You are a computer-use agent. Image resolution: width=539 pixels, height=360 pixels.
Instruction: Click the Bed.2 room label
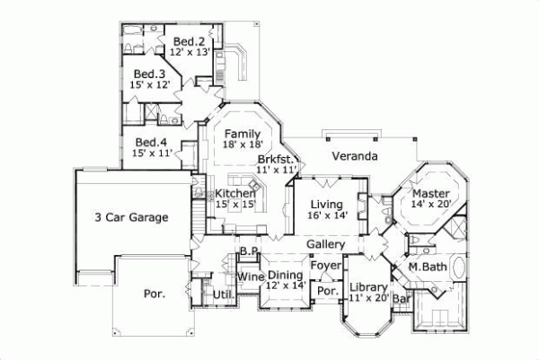[x=190, y=41]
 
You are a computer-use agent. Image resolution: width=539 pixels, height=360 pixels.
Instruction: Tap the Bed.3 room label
[x=150, y=75]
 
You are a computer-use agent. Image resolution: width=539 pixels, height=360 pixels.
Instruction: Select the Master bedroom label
[x=431, y=193]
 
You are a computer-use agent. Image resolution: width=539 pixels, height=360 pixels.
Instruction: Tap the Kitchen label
[x=232, y=194]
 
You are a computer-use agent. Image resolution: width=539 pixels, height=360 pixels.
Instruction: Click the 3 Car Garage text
[x=132, y=216]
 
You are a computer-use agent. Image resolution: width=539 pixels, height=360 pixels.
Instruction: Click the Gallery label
[x=326, y=245]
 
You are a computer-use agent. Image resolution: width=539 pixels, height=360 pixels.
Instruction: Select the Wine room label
[x=251, y=276]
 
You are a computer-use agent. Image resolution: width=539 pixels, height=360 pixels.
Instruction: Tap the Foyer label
[x=324, y=266]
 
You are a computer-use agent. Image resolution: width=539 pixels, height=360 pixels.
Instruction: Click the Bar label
[x=402, y=296]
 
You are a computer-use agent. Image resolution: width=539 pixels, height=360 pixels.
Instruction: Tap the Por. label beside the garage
[x=155, y=294]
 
